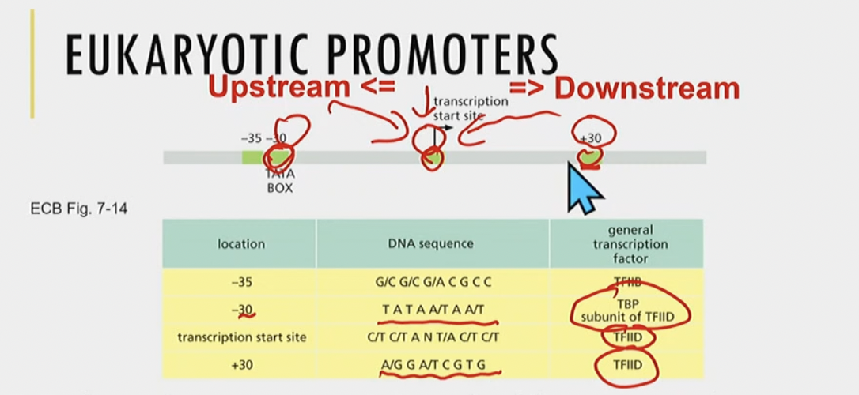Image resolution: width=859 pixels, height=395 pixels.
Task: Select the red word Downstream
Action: point(646,88)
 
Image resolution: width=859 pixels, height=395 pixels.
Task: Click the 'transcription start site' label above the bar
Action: point(470,108)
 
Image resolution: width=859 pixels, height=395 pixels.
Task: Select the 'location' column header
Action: point(241,244)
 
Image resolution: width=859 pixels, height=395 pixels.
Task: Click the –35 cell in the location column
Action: point(241,282)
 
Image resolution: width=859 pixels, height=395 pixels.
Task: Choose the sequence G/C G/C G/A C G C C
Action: point(434,282)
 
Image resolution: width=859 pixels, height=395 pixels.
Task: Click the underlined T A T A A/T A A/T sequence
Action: point(437,310)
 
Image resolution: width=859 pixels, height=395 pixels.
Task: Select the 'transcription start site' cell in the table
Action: point(241,338)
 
